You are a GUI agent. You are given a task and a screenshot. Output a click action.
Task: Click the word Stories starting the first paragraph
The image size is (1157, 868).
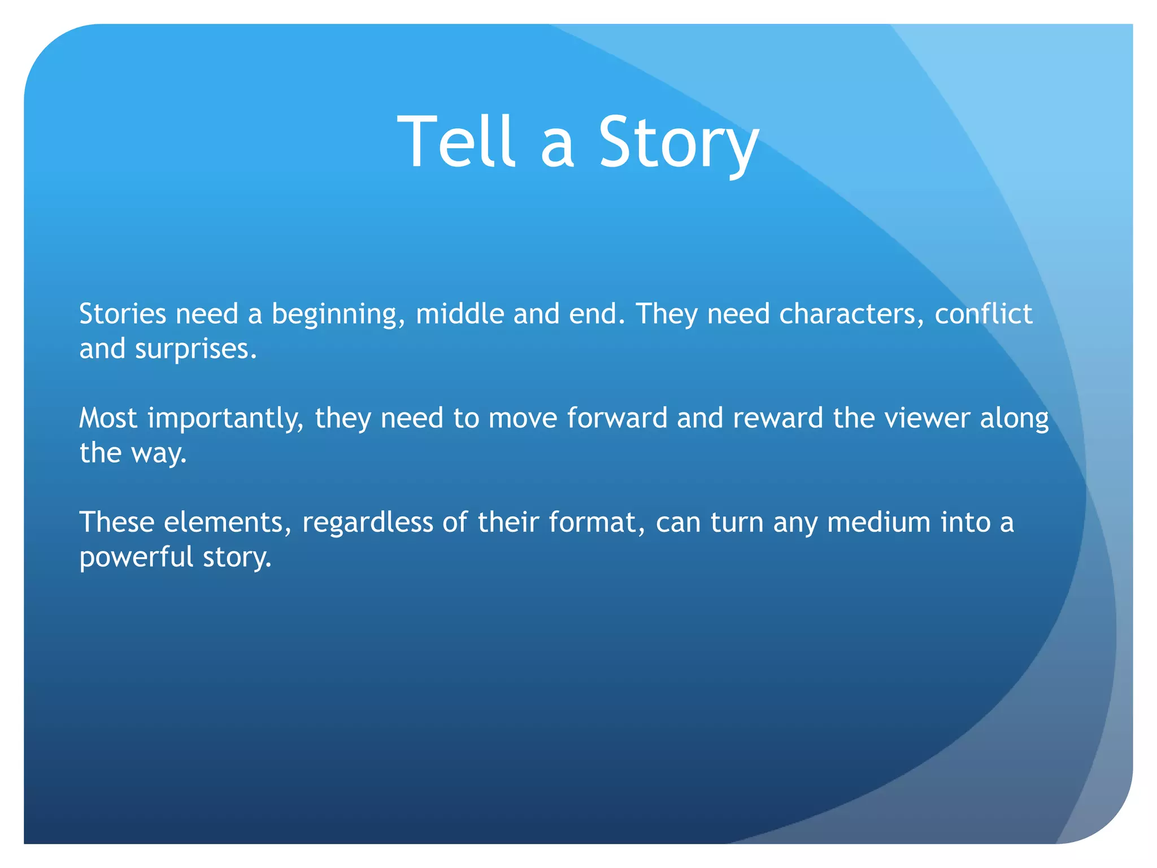point(123,314)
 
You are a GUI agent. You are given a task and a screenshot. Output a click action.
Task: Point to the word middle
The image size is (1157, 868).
point(460,314)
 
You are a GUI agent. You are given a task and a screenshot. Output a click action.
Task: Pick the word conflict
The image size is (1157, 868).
point(983,314)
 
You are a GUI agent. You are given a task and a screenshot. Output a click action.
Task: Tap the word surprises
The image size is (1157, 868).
point(195,349)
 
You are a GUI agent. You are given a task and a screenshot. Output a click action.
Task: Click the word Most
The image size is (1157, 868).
point(108,418)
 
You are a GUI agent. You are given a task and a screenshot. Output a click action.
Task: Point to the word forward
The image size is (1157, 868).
point(617,418)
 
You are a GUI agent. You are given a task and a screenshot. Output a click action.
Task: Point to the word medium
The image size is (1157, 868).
point(879,522)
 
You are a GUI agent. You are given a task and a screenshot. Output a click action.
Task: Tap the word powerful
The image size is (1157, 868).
point(136,557)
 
